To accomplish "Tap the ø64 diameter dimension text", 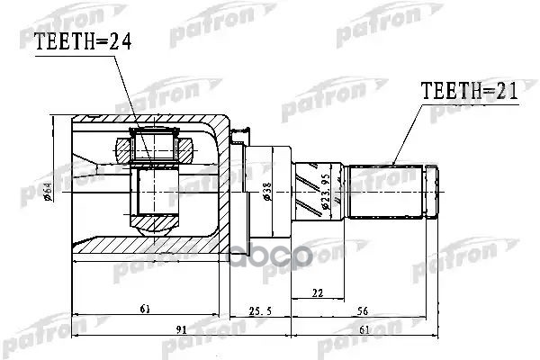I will pos(58,191).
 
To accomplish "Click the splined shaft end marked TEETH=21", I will pos(387,191).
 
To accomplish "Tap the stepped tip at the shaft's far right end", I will pos(433,191).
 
